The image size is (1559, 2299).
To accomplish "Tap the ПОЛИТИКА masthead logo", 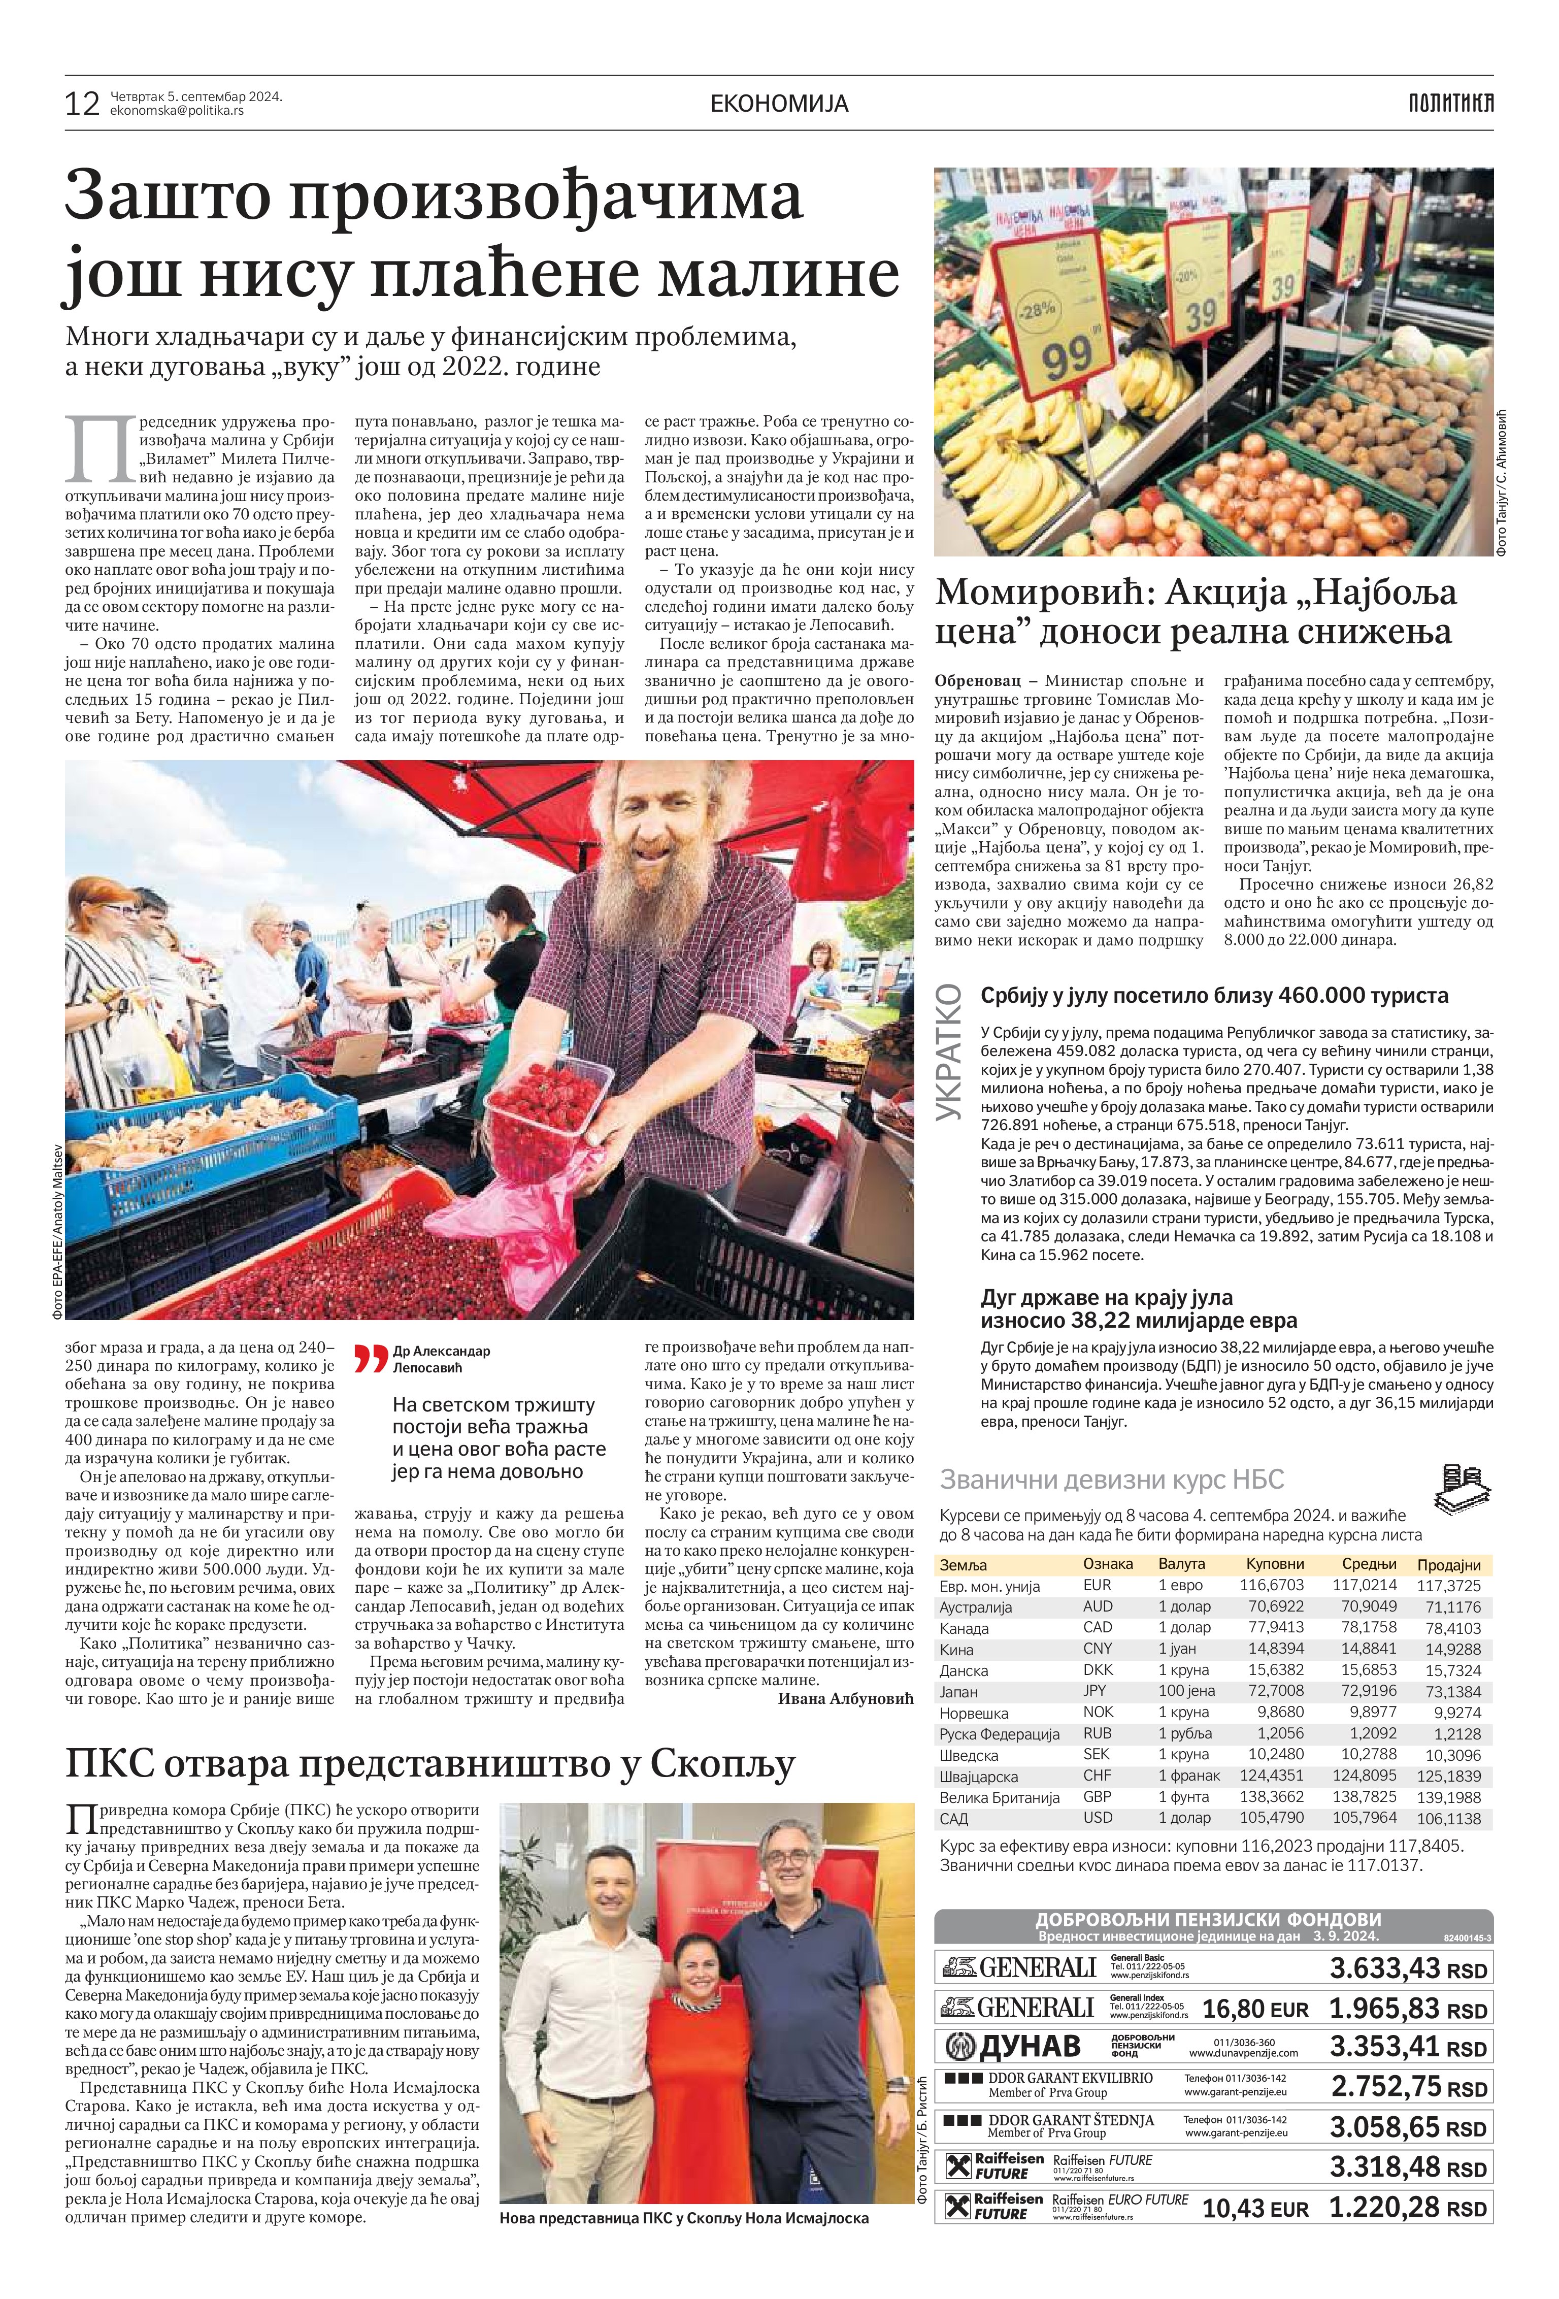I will pos(1450,103).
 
